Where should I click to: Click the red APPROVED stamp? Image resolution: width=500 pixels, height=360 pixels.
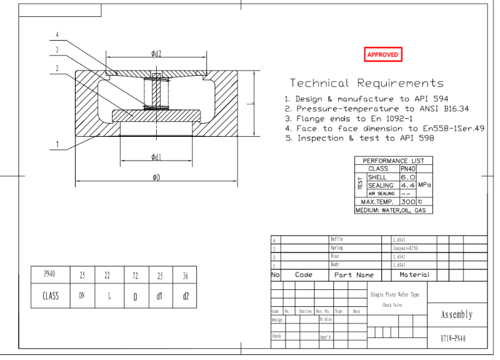point(382,55)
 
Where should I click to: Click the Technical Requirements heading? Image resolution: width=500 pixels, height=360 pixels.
point(366,83)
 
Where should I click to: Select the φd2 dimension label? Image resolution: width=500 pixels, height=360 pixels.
point(156,54)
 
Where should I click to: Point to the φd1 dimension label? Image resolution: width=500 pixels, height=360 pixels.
point(156,156)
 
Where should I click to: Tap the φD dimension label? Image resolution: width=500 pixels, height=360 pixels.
point(156,177)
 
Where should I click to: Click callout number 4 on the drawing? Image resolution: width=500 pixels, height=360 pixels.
point(57,35)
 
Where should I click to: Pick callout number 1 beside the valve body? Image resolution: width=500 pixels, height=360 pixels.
point(57,145)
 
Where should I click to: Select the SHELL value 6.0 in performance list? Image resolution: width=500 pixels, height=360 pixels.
point(407,177)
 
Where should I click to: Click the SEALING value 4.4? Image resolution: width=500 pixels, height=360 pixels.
point(407,186)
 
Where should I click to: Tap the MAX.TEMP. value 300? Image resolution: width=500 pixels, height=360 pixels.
point(407,202)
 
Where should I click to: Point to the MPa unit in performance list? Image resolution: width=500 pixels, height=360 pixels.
point(424,186)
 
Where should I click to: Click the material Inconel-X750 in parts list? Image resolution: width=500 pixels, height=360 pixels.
point(406,248)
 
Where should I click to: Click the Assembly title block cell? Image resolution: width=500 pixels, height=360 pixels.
point(456,314)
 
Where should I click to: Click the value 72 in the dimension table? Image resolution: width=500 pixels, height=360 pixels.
point(134,275)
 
